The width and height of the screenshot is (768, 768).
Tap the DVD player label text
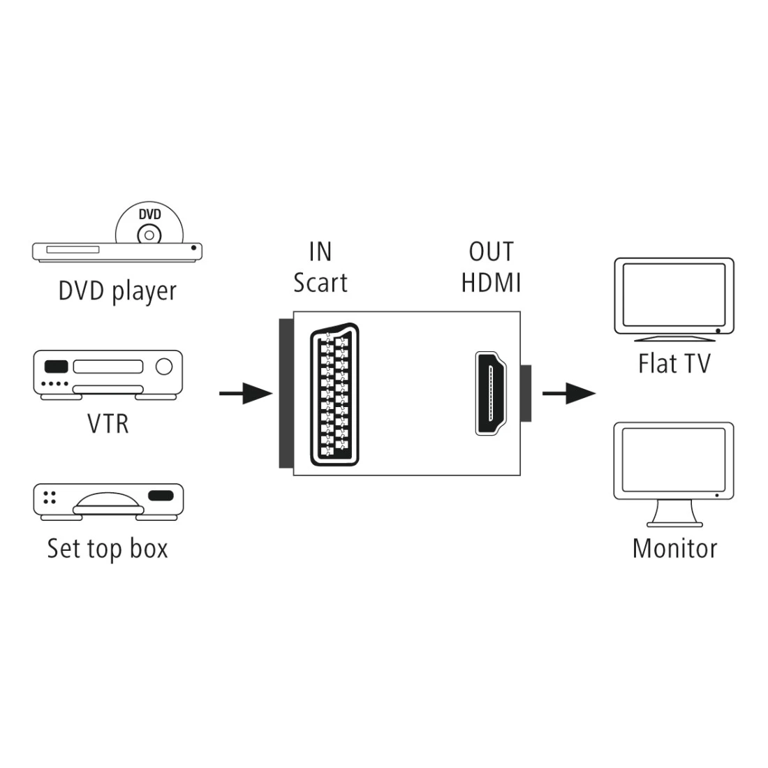117,291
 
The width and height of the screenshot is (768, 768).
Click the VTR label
108,424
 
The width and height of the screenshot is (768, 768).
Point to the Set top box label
108,548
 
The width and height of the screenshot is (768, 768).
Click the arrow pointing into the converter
245,394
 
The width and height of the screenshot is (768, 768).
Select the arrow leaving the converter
568,394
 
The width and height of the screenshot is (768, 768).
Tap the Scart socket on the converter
334,397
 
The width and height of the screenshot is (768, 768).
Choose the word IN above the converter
320,252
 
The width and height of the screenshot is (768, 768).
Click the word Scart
320,283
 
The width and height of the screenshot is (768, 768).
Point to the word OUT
491,252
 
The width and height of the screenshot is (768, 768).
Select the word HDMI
491,283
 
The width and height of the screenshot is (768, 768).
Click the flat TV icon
674,299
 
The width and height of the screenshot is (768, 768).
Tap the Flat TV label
674,364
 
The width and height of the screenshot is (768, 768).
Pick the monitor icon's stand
674,517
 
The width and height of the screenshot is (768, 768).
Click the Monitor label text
674,548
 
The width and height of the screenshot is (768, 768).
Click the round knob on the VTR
163,367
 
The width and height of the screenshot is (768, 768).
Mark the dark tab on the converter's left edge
286,394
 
